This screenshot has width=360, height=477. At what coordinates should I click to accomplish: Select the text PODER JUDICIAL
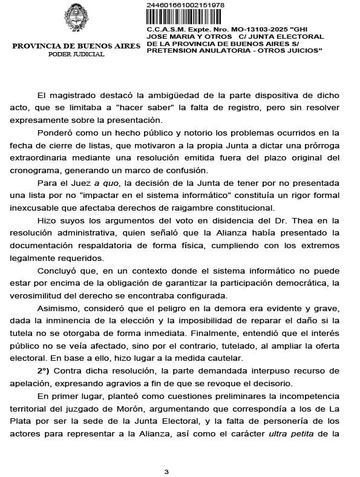click(76, 54)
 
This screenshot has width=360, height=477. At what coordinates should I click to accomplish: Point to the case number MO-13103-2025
click(244, 29)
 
